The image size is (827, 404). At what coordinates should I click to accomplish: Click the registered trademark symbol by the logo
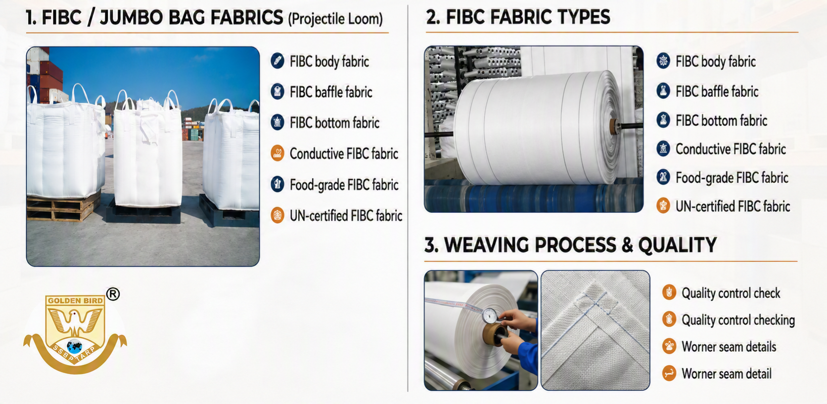coord(113,294)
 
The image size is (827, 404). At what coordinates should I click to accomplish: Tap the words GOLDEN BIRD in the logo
coord(75,300)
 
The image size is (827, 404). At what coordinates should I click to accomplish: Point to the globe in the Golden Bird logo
coord(75,347)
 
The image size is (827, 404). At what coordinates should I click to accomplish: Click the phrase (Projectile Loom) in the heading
coord(335,19)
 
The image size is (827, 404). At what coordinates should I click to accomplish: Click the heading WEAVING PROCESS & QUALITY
coord(580,245)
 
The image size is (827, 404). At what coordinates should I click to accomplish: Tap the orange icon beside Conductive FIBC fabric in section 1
coord(277,153)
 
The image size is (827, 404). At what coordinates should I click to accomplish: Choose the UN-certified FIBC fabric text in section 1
coord(346,216)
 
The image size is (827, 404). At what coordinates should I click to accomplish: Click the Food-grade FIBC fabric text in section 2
coord(732,178)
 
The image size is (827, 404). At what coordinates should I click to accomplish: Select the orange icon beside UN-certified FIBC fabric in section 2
coord(663,205)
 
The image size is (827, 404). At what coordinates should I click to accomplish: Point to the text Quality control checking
coord(738,320)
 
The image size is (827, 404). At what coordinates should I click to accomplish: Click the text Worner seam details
coord(729,347)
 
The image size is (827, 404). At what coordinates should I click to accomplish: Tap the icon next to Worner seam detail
coord(669,373)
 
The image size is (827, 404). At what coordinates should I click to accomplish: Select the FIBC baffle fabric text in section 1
coord(331,92)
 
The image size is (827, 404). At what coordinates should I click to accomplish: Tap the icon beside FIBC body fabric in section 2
coord(663,61)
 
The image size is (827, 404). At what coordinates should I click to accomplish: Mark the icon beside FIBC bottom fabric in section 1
coord(277,122)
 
